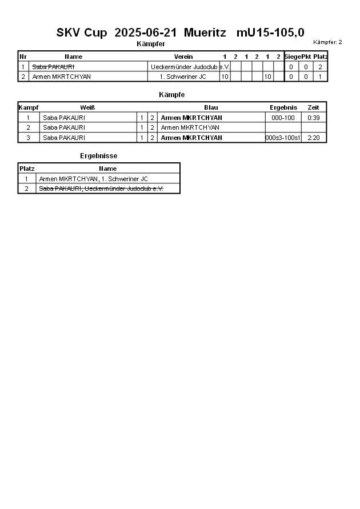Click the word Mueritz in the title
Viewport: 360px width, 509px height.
[x=205, y=33]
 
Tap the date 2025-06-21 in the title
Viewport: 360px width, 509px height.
[x=146, y=33]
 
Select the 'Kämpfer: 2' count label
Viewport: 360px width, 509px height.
[x=327, y=42]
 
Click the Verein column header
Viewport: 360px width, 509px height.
[x=183, y=57]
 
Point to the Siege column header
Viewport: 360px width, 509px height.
[x=293, y=57]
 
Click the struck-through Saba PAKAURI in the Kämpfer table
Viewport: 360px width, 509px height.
[x=53, y=67]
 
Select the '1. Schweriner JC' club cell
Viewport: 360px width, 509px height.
[x=183, y=77]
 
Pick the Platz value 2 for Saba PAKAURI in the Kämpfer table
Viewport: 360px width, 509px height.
[x=320, y=67]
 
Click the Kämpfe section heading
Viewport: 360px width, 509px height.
[x=171, y=95]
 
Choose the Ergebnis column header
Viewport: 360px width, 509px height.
[x=283, y=107]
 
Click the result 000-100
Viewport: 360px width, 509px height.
[x=283, y=118]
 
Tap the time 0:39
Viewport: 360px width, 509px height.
[x=313, y=118]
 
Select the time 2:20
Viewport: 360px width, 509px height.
[x=313, y=138]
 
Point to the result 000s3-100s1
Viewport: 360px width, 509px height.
[x=283, y=138]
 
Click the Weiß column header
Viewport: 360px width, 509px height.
[x=87, y=107]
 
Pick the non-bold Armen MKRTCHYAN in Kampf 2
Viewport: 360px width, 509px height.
[x=190, y=128]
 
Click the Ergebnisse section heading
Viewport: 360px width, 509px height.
[x=99, y=156]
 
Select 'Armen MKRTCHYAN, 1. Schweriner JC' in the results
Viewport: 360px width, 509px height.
[x=93, y=179]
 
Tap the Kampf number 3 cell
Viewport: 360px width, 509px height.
[x=28, y=138]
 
